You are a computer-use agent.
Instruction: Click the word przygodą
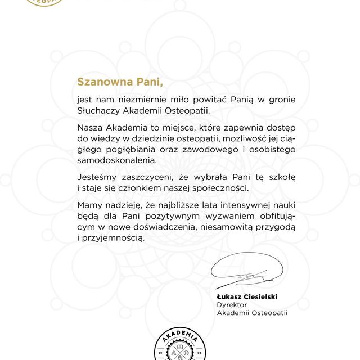(x=274, y=227)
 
